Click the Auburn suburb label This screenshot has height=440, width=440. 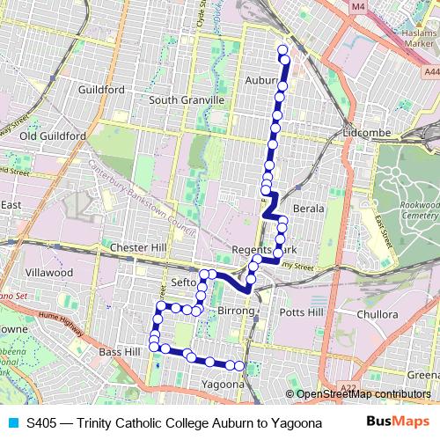point(262,79)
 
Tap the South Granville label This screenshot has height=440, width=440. point(186,99)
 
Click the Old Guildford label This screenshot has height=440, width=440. point(53,136)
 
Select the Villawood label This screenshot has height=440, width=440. point(48,273)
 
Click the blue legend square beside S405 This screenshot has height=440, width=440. point(13,422)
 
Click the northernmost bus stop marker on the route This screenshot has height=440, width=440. point(282,49)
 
